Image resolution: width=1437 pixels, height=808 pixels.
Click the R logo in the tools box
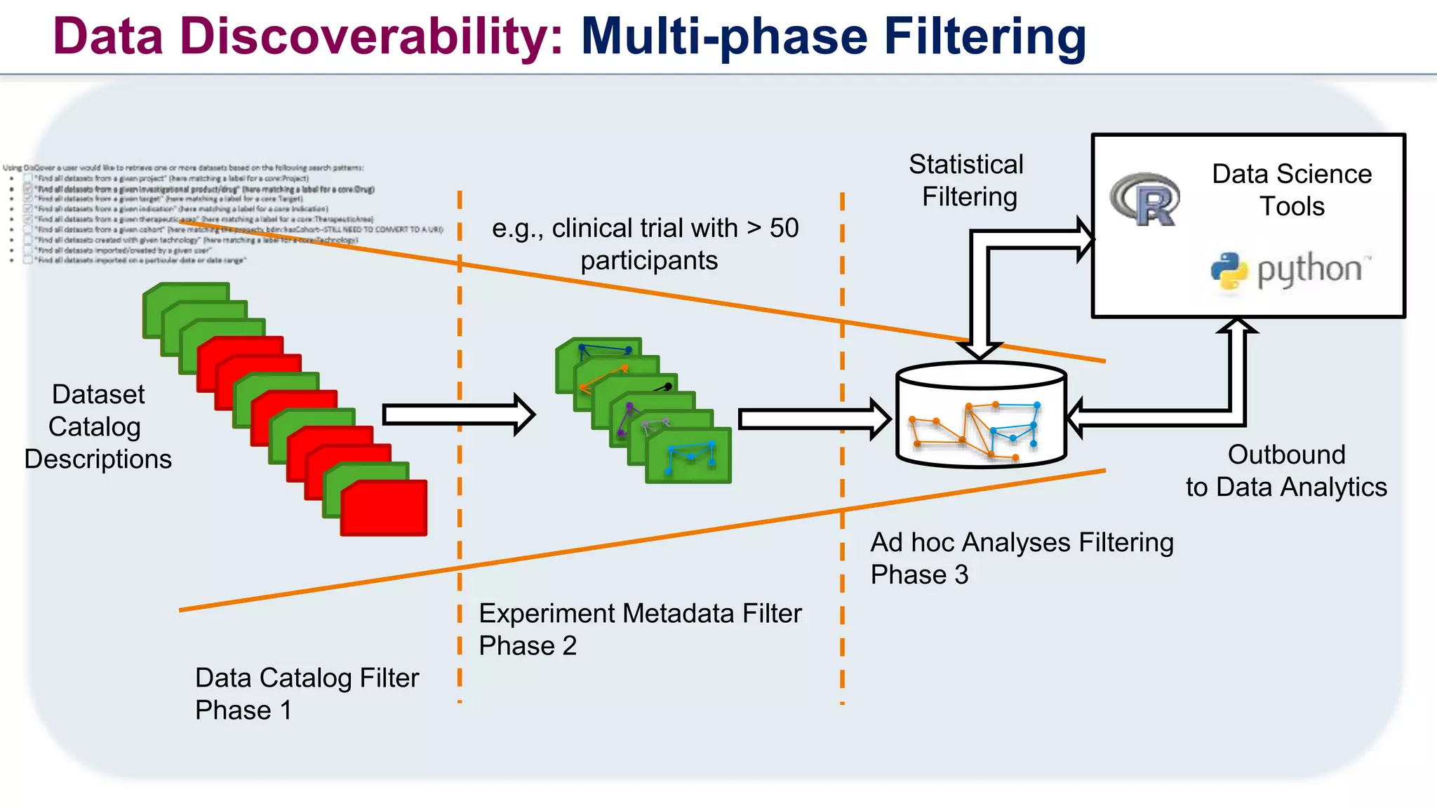pyautogui.click(x=1145, y=200)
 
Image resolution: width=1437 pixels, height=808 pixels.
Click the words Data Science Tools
pyautogui.click(x=1291, y=190)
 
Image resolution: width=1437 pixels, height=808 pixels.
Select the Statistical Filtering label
pyautogui.click(x=967, y=180)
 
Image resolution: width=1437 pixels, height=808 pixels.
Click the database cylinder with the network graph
pyautogui.click(x=981, y=415)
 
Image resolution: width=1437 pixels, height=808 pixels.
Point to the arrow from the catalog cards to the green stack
pyautogui.click(x=458, y=415)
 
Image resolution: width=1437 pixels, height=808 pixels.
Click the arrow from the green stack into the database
pyautogui.click(x=814, y=419)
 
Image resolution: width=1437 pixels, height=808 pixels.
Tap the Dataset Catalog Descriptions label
pyautogui.click(x=98, y=426)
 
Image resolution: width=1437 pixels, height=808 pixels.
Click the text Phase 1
pyautogui.click(x=243, y=710)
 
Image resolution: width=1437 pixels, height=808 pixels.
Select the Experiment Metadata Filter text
pyautogui.click(x=640, y=614)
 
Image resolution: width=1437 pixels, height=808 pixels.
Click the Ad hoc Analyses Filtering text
pyautogui.click(x=1022, y=543)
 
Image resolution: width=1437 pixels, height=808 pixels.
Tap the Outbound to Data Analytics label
pyautogui.click(x=1285, y=471)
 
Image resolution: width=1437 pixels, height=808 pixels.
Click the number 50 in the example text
pyautogui.click(x=784, y=228)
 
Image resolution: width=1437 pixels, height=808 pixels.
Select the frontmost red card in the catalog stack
pyautogui.click(x=384, y=509)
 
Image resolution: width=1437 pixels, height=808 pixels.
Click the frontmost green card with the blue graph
pyautogui.click(x=688, y=456)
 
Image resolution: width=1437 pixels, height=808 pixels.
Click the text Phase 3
pyautogui.click(x=919, y=575)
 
